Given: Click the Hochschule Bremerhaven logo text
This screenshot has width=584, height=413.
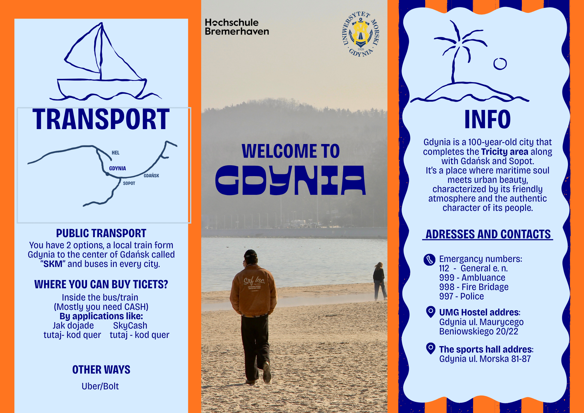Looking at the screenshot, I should (237, 27).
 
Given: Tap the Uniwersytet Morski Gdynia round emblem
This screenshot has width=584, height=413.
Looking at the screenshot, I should (361, 34).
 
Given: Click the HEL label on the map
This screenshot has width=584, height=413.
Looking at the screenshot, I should (116, 153).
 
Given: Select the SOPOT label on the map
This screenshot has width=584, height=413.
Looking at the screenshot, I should (129, 183).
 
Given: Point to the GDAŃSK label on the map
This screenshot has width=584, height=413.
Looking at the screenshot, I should (151, 176).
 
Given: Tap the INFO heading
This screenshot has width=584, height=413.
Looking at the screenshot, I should (487, 119).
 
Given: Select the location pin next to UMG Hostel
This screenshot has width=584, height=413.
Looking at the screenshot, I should (431, 312).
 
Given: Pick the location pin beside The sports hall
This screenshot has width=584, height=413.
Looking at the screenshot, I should (431, 348).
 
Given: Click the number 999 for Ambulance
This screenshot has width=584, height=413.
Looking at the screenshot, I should (447, 278).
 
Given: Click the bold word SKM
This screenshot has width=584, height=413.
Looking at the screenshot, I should (53, 264).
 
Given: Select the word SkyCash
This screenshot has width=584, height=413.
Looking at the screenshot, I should (130, 326).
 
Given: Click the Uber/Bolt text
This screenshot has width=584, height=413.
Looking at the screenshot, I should (100, 386).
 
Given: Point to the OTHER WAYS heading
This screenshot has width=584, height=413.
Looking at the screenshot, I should (101, 370).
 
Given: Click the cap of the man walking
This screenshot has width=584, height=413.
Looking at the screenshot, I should (250, 254).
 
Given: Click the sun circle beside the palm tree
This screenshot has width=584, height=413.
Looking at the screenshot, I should (500, 64).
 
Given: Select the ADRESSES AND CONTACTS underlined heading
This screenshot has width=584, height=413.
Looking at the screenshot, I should (488, 234).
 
